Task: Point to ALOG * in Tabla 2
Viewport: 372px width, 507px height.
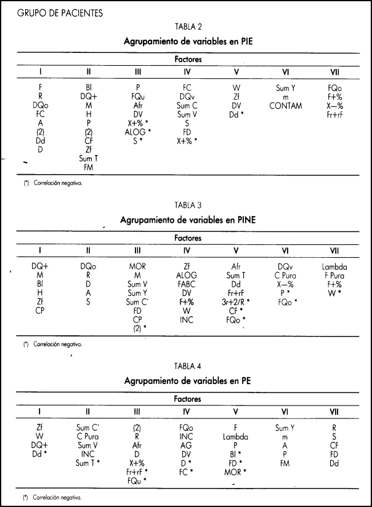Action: [x=139, y=132]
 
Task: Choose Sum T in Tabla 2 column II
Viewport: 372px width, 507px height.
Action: [x=89, y=158]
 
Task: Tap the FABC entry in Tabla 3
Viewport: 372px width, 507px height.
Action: [x=187, y=284]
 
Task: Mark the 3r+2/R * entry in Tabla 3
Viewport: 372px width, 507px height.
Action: [x=237, y=302]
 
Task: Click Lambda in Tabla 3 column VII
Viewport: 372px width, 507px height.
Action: [x=334, y=266]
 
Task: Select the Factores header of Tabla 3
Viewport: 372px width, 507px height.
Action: [x=188, y=238]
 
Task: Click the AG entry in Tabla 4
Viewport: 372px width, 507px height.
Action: [x=187, y=445]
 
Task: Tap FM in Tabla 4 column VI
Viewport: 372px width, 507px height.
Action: [x=285, y=463]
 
